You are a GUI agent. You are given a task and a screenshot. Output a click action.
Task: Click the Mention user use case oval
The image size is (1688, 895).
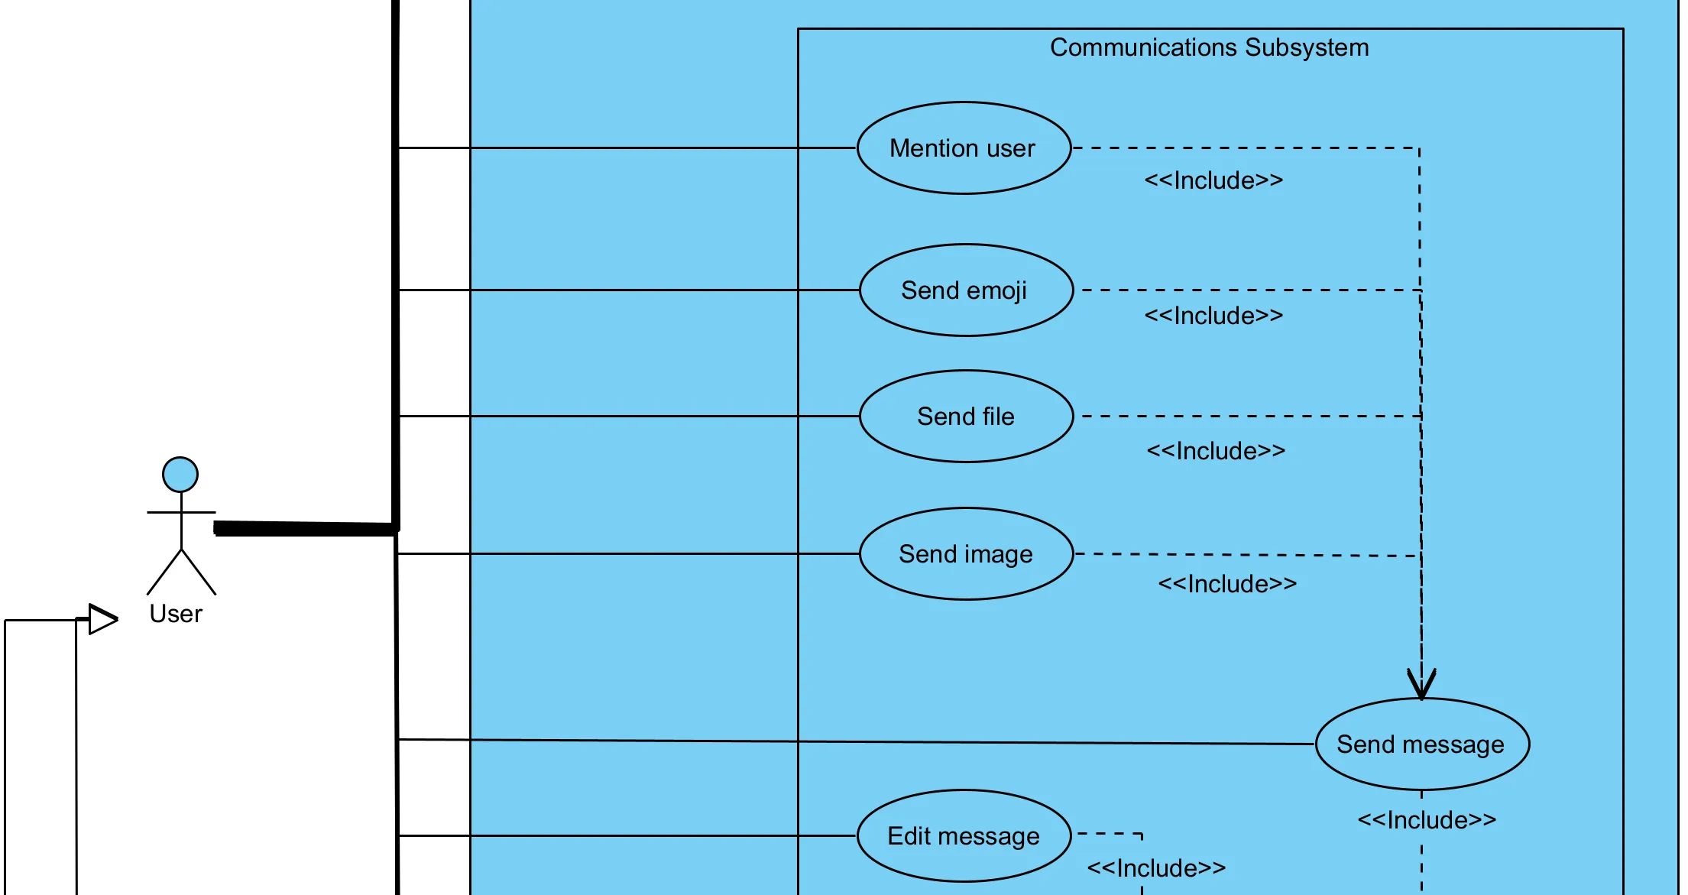[964, 148]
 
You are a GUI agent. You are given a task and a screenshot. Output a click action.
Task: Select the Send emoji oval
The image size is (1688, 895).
[966, 290]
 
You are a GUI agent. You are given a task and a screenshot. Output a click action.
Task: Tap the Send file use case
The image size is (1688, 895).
[966, 417]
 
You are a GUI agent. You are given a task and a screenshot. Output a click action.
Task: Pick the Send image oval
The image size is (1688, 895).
[966, 554]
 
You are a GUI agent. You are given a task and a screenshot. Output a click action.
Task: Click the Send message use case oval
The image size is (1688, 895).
[1421, 744]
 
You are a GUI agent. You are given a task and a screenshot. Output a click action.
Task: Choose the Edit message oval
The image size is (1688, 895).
[964, 836]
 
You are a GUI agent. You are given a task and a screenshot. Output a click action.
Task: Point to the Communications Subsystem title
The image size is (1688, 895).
[1209, 47]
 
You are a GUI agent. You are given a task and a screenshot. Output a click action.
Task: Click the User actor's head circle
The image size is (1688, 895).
[180, 475]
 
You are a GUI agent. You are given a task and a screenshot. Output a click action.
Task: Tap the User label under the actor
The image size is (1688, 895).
[176, 614]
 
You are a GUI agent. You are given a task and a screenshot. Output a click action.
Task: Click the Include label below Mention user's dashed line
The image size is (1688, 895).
[1213, 180]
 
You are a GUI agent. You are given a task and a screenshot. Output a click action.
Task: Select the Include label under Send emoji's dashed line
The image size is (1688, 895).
[1213, 316]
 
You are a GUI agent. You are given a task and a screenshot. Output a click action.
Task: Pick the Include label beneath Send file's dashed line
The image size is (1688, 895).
[1216, 451]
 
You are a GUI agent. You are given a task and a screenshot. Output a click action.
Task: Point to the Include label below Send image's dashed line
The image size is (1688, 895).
[1227, 584]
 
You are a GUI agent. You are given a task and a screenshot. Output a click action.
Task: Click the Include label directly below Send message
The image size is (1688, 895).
[1426, 820]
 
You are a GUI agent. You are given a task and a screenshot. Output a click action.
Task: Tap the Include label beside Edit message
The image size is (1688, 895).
[1156, 868]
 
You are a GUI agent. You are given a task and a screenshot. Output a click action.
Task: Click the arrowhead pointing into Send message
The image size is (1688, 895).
[1421, 685]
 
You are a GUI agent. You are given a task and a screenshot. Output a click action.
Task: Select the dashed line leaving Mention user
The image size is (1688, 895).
[1246, 148]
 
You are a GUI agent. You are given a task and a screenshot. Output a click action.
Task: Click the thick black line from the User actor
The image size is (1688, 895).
[306, 528]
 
